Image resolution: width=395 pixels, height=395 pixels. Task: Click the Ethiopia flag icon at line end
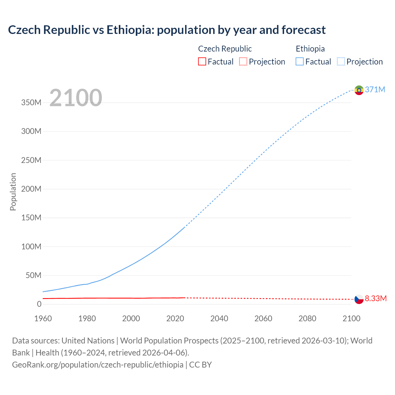359,90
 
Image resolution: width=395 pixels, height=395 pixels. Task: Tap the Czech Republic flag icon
359,299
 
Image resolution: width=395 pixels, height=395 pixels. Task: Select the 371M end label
375,89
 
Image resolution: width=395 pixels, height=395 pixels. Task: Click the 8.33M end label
376,298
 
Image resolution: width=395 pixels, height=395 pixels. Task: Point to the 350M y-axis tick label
31,102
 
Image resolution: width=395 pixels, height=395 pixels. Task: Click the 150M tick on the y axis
31,218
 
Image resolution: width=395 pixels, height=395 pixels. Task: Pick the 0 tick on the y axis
39,304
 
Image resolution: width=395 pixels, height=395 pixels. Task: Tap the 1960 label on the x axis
43,318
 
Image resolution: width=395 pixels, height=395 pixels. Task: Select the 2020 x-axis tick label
175,318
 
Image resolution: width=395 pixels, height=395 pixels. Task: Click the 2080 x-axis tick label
307,318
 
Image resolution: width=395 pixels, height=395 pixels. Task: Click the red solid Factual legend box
202,61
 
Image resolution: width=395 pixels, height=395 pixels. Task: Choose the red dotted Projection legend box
243,61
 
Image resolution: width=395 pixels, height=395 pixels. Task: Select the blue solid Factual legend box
300,61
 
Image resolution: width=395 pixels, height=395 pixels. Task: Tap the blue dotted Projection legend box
341,61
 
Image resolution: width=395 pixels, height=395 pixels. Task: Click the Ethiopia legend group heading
310,49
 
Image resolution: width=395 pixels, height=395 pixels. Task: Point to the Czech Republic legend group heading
225,49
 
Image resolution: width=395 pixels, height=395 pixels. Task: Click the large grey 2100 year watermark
76,98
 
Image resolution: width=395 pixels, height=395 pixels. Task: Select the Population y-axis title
13,192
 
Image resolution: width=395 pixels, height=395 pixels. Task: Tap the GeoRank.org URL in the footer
98,365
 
